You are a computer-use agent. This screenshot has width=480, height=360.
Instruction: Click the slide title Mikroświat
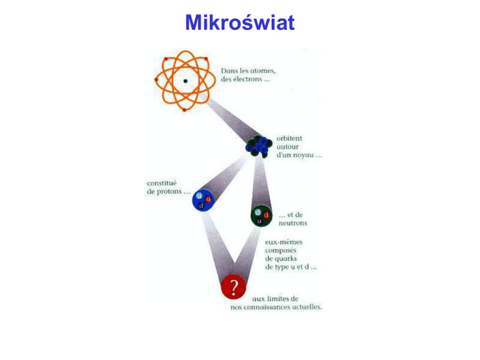pyautogui.click(x=239, y=23)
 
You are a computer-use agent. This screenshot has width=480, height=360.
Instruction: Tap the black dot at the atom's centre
pyautogui.click(x=185, y=82)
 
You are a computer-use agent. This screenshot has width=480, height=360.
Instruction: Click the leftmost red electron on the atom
pyautogui.click(x=156, y=80)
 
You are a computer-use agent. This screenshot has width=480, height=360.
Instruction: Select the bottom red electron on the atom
pyautogui.click(x=185, y=110)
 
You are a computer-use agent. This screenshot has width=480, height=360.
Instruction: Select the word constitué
pyautogui.click(x=161, y=183)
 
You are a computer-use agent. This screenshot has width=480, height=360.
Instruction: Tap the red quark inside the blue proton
pyautogui.click(x=208, y=199)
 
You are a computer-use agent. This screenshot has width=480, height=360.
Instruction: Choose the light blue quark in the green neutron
pyautogui.click(x=257, y=212)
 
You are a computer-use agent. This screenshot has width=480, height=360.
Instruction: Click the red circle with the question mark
pyautogui.click(x=234, y=288)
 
